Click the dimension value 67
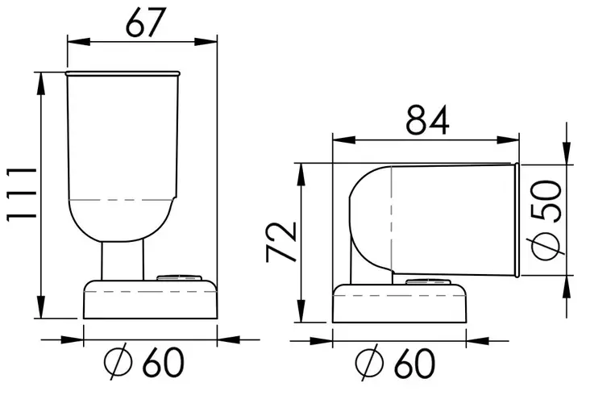click(146, 23)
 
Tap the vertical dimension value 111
click(22, 194)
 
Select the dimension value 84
click(428, 120)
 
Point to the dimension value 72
click(281, 242)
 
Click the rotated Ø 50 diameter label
click(547, 220)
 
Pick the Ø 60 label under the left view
click(143, 362)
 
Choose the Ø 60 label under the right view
click(395, 363)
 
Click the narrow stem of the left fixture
click(123, 260)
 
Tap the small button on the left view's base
click(179, 277)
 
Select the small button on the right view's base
click(428, 282)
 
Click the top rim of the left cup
click(123, 73)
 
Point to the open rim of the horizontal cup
click(517, 220)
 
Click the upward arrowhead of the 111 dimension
click(40, 83)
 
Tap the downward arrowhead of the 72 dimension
click(301, 310)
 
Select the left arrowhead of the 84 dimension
click(344, 140)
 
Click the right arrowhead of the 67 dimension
click(206, 41)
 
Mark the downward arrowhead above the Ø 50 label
click(567, 153)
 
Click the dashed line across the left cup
click(121, 199)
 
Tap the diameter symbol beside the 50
click(547, 247)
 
